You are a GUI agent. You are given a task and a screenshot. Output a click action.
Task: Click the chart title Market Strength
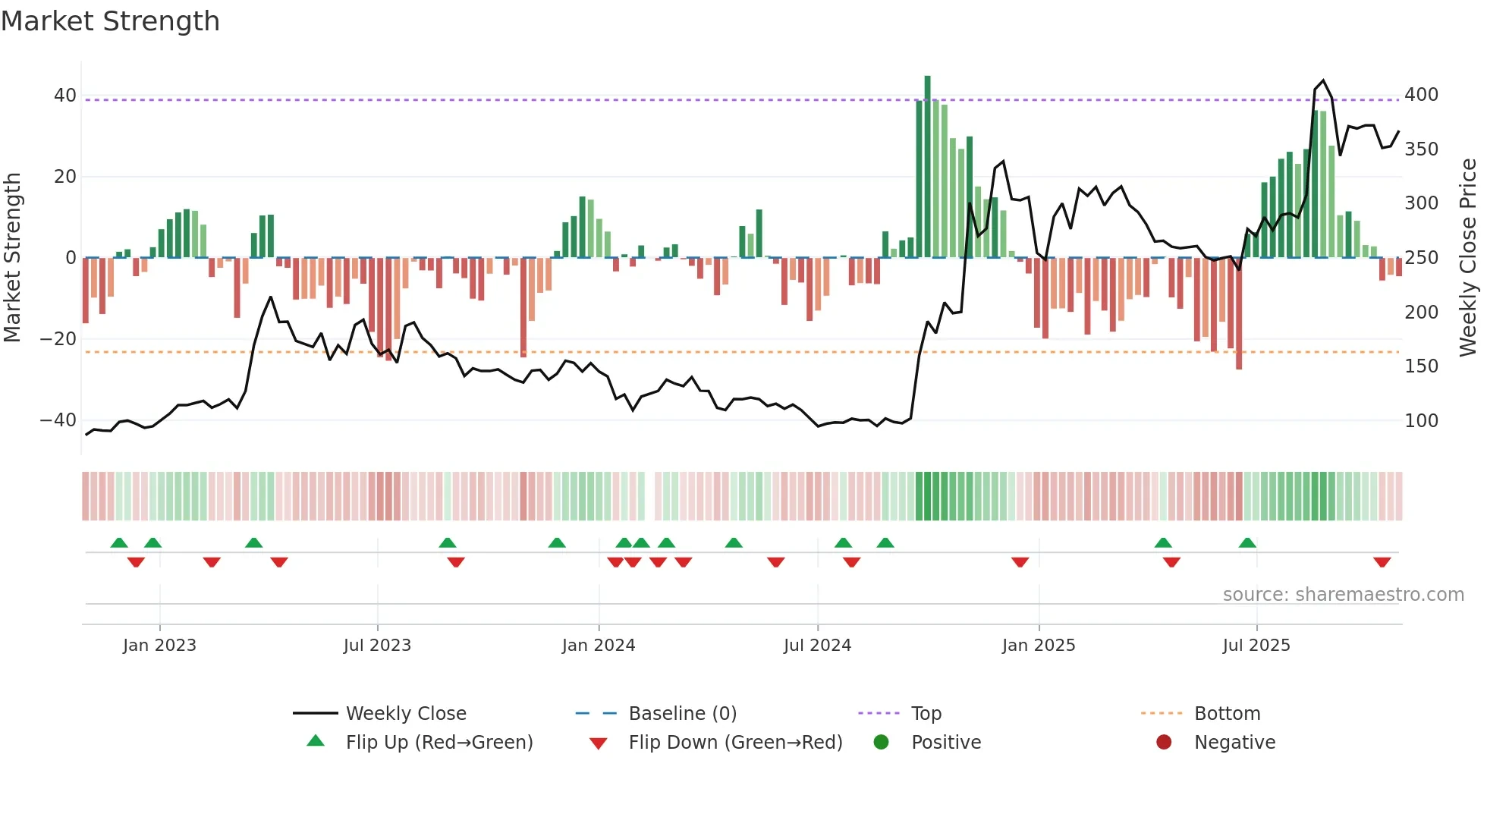point(110,21)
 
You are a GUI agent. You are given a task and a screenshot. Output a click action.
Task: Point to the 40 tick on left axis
point(65,96)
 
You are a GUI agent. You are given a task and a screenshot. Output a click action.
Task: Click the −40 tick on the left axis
point(58,420)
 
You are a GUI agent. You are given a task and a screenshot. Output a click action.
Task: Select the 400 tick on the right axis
point(1421,95)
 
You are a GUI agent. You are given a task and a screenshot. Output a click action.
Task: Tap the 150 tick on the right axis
point(1421,366)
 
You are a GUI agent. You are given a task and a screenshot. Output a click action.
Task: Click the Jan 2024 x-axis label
point(599,646)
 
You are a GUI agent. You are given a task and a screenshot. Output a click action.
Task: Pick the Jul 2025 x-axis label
point(1256,646)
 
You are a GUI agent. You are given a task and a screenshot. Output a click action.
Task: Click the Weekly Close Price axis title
point(1469,258)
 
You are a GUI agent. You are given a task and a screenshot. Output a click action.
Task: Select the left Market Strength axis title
point(12,258)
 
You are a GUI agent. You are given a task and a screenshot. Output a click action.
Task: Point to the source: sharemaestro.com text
point(1343,595)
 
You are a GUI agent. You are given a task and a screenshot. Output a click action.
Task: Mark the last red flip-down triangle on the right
point(1382,562)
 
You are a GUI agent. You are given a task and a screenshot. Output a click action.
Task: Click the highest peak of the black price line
point(1323,80)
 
